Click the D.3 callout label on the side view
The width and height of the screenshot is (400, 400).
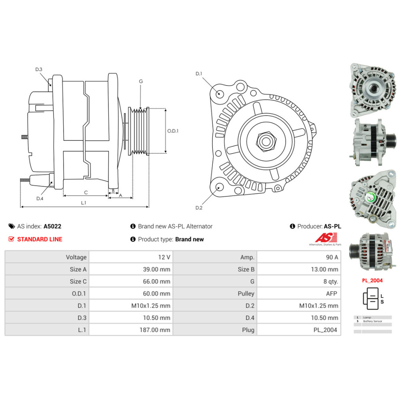pos(39,70)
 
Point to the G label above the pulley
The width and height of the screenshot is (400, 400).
pos(141,81)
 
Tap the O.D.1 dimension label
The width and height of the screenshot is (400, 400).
pos(173,131)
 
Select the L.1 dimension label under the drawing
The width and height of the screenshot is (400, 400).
pos(84,203)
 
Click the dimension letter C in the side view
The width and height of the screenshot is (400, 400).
pos(86,192)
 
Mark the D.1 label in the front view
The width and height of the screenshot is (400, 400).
pos(199,74)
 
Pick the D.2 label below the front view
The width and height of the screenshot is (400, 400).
pos(199,208)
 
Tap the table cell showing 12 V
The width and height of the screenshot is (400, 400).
pos(165,257)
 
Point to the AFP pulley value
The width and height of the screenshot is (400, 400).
pos(331,294)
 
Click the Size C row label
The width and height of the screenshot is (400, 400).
pos(78,282)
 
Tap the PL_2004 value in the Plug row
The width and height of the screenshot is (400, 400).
pos(326,330)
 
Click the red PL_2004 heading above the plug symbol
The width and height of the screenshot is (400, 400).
pos(372,280)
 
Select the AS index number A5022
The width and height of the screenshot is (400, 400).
pos(52,226)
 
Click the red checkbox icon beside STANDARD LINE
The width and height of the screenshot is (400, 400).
pos(11,239)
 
